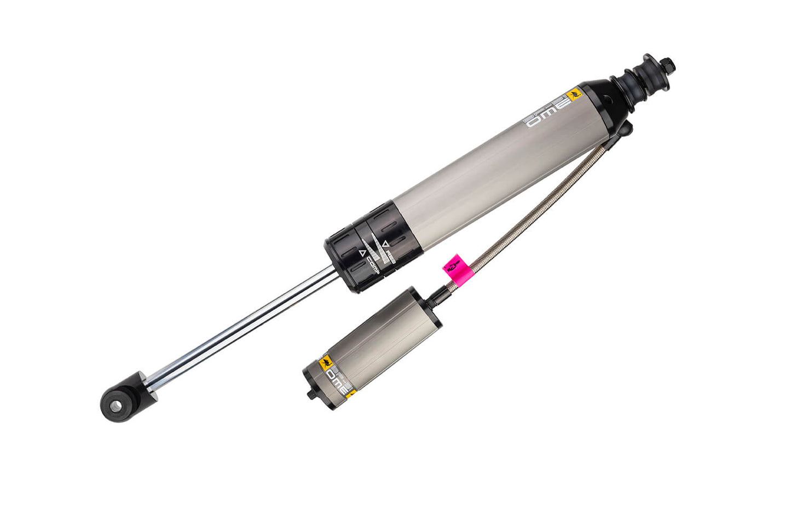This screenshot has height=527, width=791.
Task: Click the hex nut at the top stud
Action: click(668, 65)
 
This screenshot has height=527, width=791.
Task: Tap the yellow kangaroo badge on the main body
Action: click(574, 95)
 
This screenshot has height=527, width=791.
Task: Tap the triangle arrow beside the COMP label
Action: click(362, 253)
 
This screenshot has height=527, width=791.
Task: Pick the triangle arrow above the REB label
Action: click(385, 243)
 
